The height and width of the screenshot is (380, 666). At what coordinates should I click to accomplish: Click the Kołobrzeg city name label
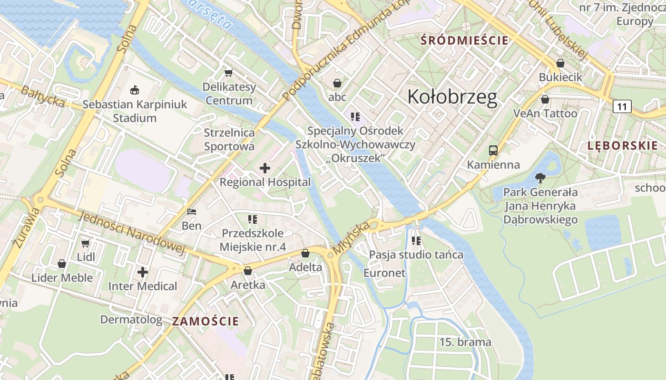click(x=452, y=97)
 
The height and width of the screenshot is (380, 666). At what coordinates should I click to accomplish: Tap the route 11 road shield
click(x=622, y=106)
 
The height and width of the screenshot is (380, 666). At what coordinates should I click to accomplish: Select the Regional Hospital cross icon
click(x=265, y=168)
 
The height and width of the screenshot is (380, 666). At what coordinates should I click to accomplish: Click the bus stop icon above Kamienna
click(x=493, y=151)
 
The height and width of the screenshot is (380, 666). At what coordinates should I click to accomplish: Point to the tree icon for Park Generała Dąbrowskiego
click(x=540, y=179)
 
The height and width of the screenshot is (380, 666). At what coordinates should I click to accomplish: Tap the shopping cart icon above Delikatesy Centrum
click(x=229, y=73)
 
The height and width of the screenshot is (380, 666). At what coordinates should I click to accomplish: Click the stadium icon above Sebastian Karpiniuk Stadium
click(x=135, y=89)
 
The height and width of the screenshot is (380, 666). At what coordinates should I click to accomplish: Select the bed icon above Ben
click(x=192, y=212)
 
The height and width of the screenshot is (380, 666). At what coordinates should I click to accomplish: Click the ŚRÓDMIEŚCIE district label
click(x=465, y=40)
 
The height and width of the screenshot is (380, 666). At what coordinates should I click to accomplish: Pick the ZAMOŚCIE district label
click(x=206, y=321)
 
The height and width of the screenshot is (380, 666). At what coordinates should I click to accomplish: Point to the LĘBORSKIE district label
click(x=622, y=146)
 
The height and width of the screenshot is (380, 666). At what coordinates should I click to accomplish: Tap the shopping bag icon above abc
click(x=337, y=83)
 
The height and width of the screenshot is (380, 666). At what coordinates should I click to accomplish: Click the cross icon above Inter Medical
click(x=142, y=272)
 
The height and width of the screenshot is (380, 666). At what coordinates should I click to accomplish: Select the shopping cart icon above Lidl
click(x=86, y=243)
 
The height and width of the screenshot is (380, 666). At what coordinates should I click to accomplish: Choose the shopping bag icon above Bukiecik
click(x=560, y=63)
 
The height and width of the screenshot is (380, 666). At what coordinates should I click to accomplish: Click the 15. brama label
click(x=465, y=342)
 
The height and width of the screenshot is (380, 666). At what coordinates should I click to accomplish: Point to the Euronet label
click(x=384, y=273)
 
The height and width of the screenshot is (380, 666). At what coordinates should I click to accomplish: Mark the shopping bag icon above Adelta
click(x=305, y=253)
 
